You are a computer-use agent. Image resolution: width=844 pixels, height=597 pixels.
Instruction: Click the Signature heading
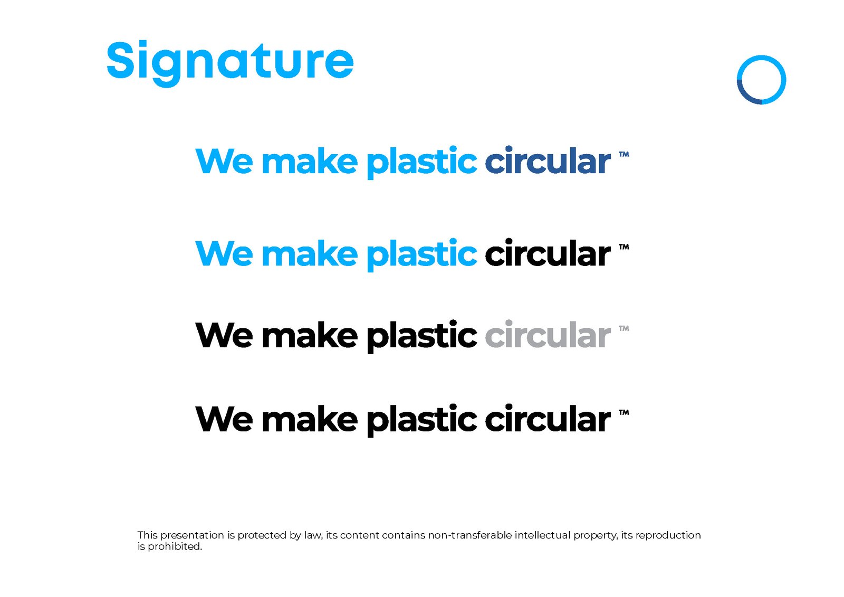click(230, 61)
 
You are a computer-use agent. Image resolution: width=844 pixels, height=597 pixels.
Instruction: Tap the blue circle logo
click(761, 80)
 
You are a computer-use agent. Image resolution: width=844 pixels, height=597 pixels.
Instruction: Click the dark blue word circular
click(548, 161)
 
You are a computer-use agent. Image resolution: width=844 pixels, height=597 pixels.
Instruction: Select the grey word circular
click(548, 335)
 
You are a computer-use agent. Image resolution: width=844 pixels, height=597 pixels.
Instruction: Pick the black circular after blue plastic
click(548, 254)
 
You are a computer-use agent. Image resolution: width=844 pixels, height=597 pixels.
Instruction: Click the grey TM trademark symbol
click(624, 328)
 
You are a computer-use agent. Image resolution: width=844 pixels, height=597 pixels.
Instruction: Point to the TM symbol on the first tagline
click(624, 155)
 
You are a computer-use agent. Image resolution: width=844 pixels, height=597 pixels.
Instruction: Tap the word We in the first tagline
click(224, 161)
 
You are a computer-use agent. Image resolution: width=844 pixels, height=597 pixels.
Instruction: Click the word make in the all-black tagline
click(310, 420)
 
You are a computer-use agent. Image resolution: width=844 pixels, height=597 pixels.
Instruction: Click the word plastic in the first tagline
click(421, 162)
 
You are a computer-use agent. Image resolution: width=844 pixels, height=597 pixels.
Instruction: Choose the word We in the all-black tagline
click(224, 420)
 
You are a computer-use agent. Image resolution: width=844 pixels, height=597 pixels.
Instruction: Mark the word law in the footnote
click(313, 535)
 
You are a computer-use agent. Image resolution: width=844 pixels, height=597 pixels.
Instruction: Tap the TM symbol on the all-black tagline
click(624, 413)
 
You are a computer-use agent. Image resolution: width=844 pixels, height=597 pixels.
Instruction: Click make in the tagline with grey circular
click(310, 335)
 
